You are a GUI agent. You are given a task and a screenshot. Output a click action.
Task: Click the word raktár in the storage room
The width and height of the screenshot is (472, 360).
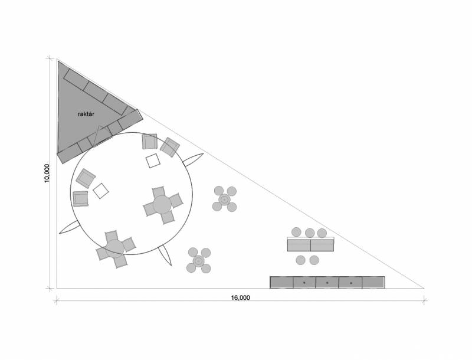pos(86,114)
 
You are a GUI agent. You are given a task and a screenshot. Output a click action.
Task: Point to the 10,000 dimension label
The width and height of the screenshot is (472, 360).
pos(47,174)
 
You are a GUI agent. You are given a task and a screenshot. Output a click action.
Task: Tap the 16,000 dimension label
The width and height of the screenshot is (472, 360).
pos(241,297)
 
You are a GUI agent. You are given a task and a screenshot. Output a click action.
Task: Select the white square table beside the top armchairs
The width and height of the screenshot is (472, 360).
pos(153,161)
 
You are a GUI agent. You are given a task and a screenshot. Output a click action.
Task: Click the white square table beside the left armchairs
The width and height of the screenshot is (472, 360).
pos(100,191)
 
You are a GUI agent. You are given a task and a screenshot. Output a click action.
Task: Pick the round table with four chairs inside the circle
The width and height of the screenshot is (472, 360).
pos(162,205)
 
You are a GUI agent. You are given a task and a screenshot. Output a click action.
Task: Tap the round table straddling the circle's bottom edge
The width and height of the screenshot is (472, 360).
pos(115,248)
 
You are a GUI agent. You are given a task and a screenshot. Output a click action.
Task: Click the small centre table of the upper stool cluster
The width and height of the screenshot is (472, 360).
pos(224,199)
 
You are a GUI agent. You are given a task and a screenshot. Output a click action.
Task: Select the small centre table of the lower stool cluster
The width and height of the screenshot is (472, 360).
pos(199,261)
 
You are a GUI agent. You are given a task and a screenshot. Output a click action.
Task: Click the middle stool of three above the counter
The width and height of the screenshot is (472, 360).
pos(310,233)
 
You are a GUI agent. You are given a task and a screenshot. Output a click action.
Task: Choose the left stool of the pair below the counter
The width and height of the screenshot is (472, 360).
pos(300,260)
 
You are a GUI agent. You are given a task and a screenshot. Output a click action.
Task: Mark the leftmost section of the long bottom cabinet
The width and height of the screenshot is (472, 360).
pos(282,282)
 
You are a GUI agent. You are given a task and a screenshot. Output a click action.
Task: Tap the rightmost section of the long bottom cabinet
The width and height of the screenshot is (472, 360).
pos(373,282)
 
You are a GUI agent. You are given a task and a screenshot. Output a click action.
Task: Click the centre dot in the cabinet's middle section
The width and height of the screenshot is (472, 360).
pos(327,283)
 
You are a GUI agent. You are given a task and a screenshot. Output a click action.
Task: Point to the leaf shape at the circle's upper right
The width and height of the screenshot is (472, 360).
pos(194,160)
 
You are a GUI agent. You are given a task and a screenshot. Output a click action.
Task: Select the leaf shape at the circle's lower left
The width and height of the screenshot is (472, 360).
pos(70,227)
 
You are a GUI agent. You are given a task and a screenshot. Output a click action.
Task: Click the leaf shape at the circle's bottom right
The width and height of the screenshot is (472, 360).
pos(165,256)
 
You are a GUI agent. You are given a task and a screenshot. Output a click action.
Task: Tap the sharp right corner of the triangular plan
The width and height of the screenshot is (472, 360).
pos(424,288)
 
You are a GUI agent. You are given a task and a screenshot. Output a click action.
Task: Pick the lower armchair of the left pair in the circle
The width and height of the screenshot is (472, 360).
pos(81,199)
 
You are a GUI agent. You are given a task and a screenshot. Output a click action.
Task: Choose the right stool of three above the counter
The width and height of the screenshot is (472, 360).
pos(322,233)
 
